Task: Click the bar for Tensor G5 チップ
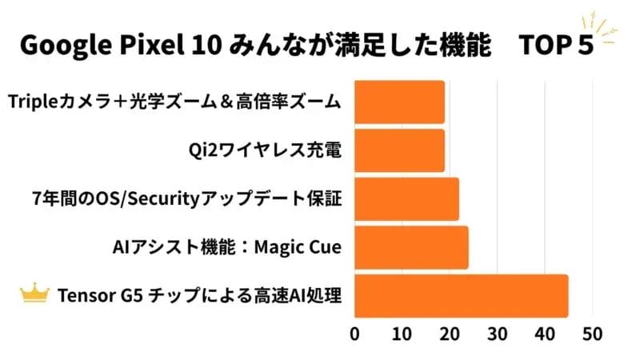(461, 296)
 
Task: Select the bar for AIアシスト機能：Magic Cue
(410, 248)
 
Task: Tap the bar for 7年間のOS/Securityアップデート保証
(406, 199)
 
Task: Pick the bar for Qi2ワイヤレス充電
(398, 150)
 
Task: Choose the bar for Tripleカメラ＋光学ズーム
(398, 102)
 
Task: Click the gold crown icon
(35, 295)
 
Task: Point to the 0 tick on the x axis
(354, 333)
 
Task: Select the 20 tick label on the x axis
(450, 333)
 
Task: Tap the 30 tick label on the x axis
(497, 333)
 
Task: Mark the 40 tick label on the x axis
(544, 333)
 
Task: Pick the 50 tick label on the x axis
(591, 333)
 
